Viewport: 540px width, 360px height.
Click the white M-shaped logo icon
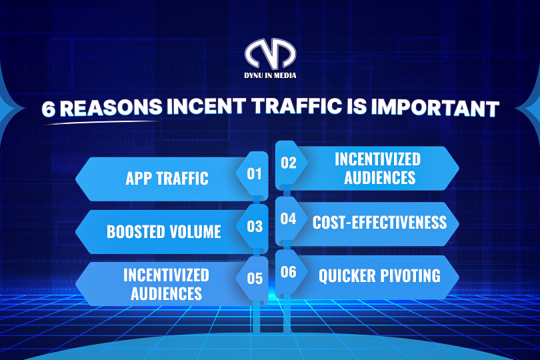[x=271, y=53]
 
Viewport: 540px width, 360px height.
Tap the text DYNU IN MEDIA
[x=271, y=75]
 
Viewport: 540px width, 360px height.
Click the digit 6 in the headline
[x=49, y=109]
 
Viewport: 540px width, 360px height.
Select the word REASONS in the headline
[x=111, y=107]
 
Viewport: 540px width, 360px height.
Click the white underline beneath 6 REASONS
[x=100, y=122]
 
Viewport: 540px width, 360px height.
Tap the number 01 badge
[x=254, y=174]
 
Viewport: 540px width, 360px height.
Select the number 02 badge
[x=289, y=163]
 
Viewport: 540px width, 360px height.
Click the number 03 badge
[x=255, y=227]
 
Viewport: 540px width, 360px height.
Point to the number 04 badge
[x=288, y=219]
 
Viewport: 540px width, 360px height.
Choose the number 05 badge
[x=255, y=279]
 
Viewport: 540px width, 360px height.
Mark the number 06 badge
[x=288, y=272]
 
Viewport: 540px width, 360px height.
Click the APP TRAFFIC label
[x=167, y=179]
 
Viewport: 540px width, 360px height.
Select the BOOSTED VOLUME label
[x=164, y=231]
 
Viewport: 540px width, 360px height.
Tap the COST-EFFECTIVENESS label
[x=379, y=222]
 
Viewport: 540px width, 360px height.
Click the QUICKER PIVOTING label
[x=379, y=276]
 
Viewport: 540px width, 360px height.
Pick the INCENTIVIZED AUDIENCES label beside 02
[x=378, y=169]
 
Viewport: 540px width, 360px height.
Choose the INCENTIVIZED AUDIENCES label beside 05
[x=167, y=285]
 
